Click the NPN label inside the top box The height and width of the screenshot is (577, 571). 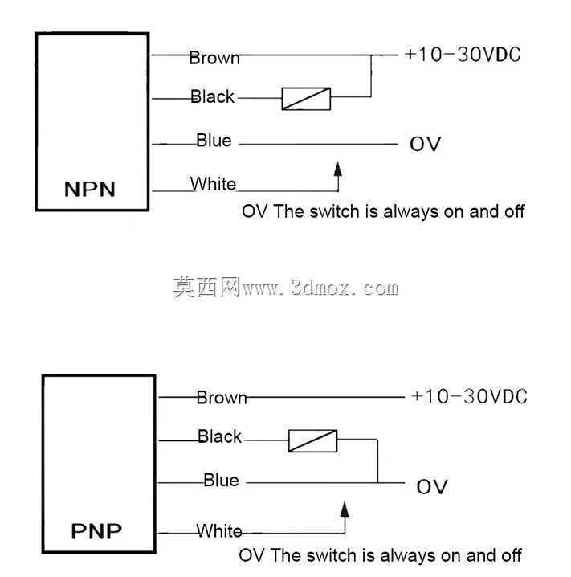point(90,189)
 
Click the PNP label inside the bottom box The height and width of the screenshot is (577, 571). point(96,531)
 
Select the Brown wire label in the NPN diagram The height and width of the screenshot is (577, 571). point(214,58)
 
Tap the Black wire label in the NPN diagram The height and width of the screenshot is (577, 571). point(212,96)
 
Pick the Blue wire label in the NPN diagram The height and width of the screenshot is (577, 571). point(214,140)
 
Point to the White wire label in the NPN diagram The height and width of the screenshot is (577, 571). point(213,183)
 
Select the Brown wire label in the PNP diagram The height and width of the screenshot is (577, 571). point(222,398)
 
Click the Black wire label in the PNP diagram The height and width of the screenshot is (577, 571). point(219,436)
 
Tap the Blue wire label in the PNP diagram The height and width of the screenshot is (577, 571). point(221,481)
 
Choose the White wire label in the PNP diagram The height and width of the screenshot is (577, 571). point(219,530)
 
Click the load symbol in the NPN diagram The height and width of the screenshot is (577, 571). point(306,99)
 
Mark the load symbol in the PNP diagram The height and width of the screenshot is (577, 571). point(312,441)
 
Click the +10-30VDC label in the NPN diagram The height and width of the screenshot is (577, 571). point(463,55)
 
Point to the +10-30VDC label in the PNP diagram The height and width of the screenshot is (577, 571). point(469,396)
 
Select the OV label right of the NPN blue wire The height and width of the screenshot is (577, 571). point(425,144)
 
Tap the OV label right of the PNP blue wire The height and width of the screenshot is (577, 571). point(432,486)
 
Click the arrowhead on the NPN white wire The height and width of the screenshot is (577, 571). point(338,170)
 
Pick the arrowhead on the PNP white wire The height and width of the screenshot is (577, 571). point(345,510)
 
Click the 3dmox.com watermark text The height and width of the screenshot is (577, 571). point(345,288)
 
